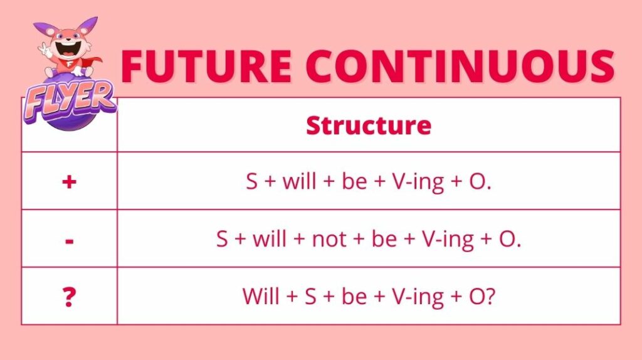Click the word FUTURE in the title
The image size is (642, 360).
[206, 66]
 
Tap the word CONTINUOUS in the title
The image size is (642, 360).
[460, 66]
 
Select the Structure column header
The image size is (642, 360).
[369, 125]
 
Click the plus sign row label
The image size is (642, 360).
[69, 181]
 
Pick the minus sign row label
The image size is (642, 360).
[69, 241]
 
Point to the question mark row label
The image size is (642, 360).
[69, 297]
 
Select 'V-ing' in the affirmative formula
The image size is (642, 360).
[418, 183]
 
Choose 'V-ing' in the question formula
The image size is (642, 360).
[418, 297]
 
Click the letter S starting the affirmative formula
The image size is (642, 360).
[252, 181]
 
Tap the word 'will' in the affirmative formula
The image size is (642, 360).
[299, 181]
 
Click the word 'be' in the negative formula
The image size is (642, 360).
[384, 239]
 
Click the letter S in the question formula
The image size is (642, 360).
[310, 296]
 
